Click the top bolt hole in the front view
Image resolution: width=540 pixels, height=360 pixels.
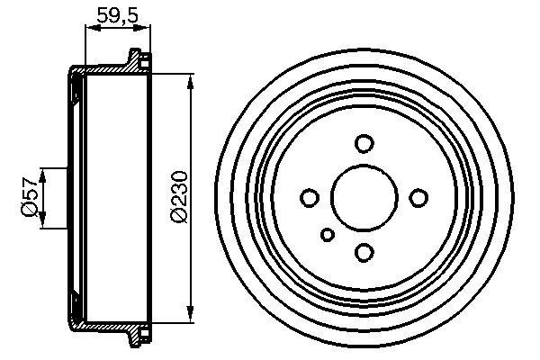click(364, 143)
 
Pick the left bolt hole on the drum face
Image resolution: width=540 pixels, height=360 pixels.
click(309, 197)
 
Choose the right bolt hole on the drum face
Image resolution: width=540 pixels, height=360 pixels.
click(418, 197)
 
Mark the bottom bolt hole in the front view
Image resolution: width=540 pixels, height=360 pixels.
click(364, 252)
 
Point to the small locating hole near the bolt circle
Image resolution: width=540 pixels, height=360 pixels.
click(328, 236)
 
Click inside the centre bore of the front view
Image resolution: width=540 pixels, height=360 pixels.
click(364, 197)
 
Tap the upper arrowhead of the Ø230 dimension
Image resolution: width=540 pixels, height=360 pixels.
click(191, 84)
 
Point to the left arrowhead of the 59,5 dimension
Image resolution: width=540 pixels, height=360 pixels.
click(89, 30)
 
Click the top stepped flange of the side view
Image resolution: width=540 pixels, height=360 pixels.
click(138, 61)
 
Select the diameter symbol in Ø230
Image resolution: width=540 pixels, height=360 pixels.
click(177, 217)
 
